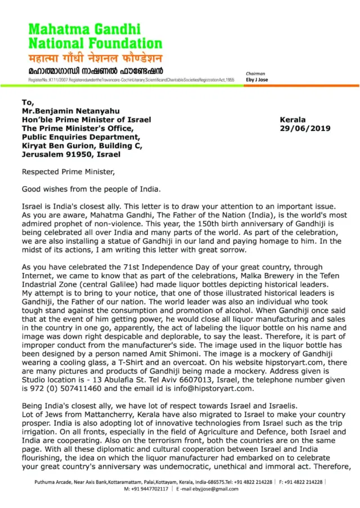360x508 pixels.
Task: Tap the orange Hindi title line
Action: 96,58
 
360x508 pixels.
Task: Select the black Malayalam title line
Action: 96,71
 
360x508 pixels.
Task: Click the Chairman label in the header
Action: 255,74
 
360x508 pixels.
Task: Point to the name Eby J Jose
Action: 257,80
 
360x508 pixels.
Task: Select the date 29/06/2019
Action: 305,128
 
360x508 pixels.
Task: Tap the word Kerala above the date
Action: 292,120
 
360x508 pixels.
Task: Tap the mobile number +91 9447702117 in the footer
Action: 149,489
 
